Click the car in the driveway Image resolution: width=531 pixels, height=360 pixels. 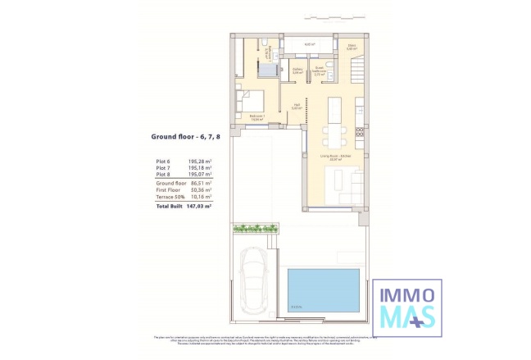click(x=257, y=275)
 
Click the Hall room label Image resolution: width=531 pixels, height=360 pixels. click(x=298, y=104)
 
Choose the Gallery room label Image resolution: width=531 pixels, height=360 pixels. click(x=298, y=71)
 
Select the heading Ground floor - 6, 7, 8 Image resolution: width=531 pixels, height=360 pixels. click(x=186, y=137)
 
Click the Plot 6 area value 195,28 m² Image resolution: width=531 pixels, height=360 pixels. click(x=200, y=162)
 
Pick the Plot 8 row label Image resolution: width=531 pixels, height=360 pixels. click(x=165, y=175)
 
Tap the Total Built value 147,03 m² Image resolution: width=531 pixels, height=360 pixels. click(x=199, y=206)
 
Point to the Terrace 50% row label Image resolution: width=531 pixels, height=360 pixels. click(x=170, y=197)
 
